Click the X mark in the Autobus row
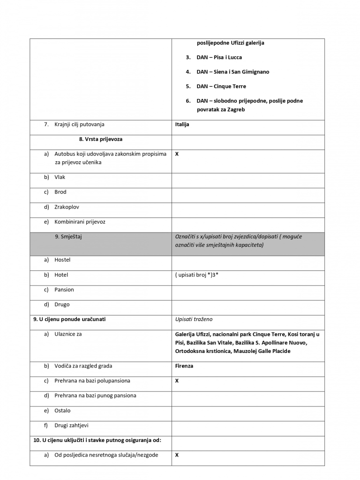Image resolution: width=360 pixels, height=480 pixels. (x=177, y=154)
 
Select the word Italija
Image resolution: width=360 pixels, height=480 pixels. (x=182, y=125)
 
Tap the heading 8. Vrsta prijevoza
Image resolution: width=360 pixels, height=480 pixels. (x=101, y=139)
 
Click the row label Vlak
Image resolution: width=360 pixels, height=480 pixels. (x=60, y=177)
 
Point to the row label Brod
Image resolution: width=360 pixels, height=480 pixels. (x=60, y=192)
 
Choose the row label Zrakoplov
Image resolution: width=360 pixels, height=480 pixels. (x=66, y=207)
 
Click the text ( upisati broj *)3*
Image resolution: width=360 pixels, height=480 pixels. (x=197, y=275)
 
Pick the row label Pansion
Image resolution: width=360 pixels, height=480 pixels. (x=64, y=290)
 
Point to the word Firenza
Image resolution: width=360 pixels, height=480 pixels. (x=184, y=366)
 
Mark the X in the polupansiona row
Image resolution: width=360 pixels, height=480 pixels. (x=177, y=381)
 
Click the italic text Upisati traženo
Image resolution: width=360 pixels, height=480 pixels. (x=194, y=319)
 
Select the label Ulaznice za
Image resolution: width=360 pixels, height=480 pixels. (x=68, y=334)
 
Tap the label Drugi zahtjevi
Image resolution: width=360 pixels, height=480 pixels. (x=71, y=426)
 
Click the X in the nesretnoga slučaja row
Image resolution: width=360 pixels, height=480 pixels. (x=177, y=455)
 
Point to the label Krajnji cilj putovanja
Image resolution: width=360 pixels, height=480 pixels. (x=79, y=125)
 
